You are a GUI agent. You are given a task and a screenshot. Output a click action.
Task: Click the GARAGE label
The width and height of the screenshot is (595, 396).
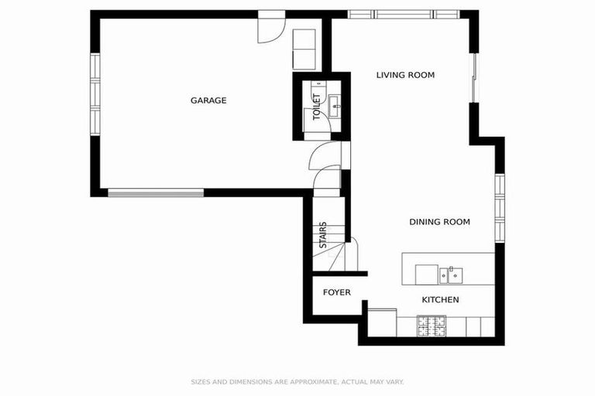[208, 100]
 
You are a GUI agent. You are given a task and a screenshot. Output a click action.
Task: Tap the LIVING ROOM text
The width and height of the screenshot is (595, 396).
[405, 75]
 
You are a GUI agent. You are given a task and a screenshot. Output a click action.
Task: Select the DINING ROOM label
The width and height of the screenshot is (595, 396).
[439, 222]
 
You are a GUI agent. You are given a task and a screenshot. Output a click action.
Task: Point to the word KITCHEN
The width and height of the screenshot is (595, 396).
[440, 299]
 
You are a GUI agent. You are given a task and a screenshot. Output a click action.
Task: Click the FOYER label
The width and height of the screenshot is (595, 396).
[337, 292]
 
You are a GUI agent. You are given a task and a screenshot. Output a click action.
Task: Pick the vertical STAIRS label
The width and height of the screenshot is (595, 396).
[323, 235]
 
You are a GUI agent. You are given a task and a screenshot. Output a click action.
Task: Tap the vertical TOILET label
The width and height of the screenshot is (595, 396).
[316, 107]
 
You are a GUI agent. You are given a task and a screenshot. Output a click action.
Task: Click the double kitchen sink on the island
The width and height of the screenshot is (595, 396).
[450, 274]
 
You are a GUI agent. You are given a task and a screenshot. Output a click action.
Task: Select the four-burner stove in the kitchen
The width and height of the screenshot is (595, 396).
[431, 326]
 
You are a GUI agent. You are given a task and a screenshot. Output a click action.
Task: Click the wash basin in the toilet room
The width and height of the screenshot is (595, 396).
[334, 106]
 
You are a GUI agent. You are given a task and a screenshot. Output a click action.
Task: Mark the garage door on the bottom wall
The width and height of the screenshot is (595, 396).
[156, 192]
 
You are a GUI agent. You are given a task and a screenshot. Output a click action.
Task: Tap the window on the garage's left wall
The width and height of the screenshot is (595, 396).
[95, 94]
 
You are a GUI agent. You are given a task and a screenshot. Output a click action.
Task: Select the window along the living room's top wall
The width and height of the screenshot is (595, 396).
[403, 14]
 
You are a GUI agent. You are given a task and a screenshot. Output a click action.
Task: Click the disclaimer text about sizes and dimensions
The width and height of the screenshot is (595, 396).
[297, 381]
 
